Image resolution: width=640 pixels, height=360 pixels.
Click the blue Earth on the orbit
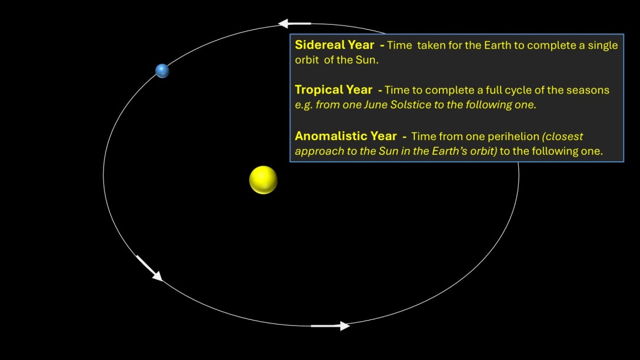(162, 71)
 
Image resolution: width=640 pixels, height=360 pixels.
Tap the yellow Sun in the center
(263, 180)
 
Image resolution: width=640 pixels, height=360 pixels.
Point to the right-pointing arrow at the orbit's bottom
(330, 326)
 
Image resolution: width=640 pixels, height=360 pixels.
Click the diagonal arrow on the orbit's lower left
(149, 268)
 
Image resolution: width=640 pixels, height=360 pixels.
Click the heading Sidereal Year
(334, 45)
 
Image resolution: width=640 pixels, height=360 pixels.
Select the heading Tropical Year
(333, 90)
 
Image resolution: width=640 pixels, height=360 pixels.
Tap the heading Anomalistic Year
(346, 136)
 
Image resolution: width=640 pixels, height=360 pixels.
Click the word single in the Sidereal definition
(602, 45)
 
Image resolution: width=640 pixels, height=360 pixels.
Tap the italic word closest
(564, 136)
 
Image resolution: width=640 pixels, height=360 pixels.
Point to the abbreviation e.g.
(305, 105)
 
